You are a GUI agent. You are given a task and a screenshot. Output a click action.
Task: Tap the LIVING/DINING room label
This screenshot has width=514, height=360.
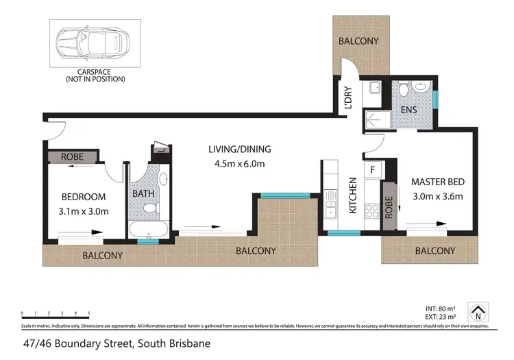[x=240, y=149]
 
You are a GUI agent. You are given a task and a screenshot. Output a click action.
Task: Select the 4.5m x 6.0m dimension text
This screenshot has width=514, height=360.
[x=240, y=163]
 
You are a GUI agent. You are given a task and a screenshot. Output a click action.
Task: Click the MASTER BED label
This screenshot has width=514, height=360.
[x=437, y=182]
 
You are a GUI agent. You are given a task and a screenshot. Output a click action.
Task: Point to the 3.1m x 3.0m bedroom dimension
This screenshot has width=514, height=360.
[x=84, y=211]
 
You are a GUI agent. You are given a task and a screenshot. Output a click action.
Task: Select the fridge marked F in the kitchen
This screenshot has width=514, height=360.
[x=373, y=169]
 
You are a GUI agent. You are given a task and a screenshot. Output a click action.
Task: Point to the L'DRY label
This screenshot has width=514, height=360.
[x=349, y=98]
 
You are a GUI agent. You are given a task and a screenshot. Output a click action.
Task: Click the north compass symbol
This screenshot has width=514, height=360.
[x=478, y=312]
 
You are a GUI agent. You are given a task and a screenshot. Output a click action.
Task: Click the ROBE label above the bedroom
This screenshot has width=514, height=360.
[x=73, y=157]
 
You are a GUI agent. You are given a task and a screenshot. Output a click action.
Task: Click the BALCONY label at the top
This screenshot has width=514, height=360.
[x=358, y=41]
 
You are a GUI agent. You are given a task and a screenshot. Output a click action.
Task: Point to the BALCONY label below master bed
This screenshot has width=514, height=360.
[x=435, y=251]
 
